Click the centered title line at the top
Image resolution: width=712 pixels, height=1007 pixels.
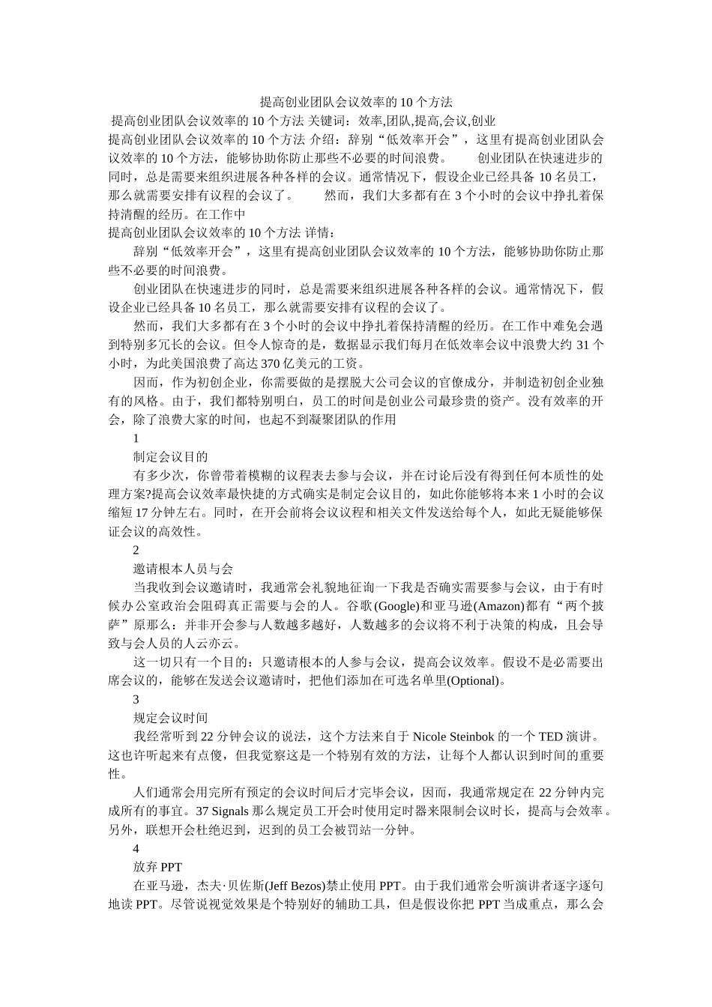coord(356,102)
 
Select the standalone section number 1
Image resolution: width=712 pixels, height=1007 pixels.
coord(136,438)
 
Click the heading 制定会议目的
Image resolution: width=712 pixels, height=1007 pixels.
coord(170,457)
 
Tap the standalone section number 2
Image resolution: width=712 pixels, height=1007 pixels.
coord(136,551)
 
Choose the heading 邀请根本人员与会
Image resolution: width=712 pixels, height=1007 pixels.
coord(183,569)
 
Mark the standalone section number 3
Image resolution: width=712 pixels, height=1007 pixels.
coord(136,700)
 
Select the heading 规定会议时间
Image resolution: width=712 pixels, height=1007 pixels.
coord(170,719)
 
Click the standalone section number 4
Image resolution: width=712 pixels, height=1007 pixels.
coord(136,849)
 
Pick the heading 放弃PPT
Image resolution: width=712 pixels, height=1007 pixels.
coord(157,868)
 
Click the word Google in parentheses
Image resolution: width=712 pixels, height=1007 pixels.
coord(394,606)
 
